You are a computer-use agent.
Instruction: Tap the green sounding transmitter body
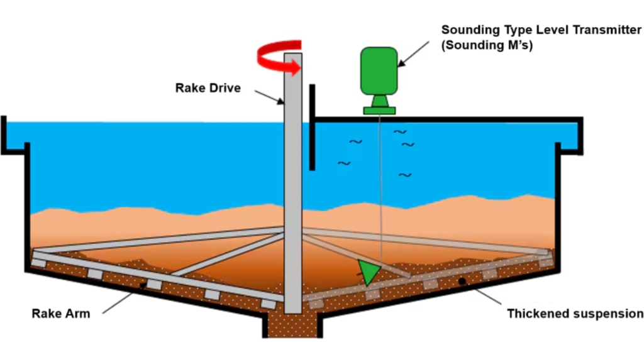379,70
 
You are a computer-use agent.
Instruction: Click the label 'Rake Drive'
208,88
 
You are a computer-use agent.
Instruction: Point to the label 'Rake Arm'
61,313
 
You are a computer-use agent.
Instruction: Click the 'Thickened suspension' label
575,313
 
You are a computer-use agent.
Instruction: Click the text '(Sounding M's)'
487,46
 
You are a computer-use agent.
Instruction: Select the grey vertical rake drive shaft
293,189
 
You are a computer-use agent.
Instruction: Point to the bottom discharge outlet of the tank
292,327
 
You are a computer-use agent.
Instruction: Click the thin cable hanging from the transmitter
379,189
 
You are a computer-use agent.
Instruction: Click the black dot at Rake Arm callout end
143,286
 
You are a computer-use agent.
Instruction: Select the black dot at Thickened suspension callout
463,281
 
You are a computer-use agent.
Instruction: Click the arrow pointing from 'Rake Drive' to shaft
270,97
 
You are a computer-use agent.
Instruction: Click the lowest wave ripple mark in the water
405,175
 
